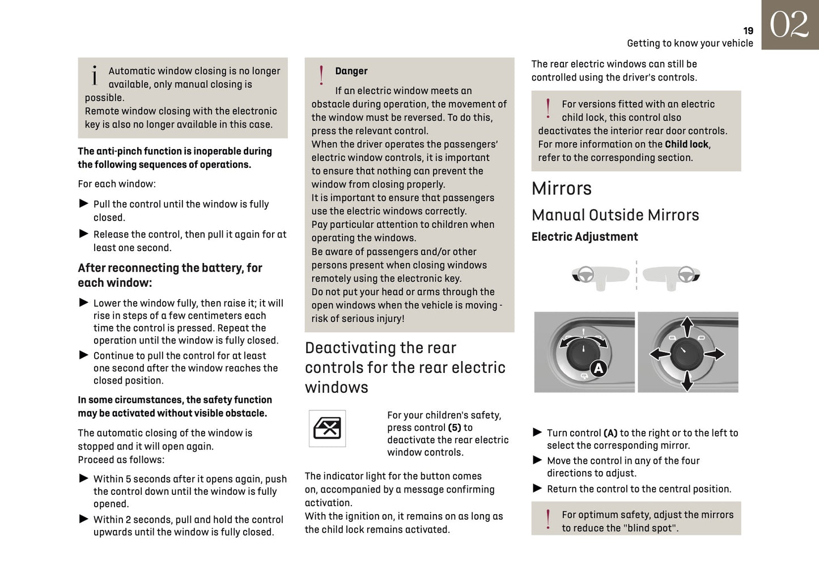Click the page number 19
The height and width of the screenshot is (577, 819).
(x=748, y=31)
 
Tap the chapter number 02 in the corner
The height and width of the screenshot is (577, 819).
(x=789, y=25)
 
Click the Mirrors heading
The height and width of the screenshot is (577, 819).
(x=561, y=189)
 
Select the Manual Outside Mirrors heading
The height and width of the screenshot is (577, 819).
(x=615, y=215)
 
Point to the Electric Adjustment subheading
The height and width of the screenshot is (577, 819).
(x=584, y=237)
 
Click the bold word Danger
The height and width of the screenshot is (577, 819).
(x=351, y=71)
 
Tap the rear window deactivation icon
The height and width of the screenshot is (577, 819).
(x=327, y=428)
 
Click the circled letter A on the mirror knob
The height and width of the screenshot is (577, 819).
(x=599, y=368)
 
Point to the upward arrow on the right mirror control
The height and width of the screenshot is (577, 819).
(x=687, y=326)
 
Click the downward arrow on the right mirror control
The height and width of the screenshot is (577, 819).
(x=687, y=381)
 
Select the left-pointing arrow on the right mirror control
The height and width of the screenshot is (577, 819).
(x=659, y=354)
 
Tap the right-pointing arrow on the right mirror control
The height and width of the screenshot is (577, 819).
(x=715, y=354)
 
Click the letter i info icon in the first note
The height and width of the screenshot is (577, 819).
(x=95, y=75)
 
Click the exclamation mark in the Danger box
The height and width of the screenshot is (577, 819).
(x=321, y=75)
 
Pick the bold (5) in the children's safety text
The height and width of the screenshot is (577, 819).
(x=454, y=428)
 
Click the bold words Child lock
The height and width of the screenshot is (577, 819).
(x=686, y=145)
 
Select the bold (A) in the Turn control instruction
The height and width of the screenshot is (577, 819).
(x=610, y=433)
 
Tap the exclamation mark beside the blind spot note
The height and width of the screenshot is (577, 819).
(x=548, y=520)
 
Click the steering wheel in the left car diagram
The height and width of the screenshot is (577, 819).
(x=585, y=274)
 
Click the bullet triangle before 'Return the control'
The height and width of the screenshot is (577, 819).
(x=537, y=488)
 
